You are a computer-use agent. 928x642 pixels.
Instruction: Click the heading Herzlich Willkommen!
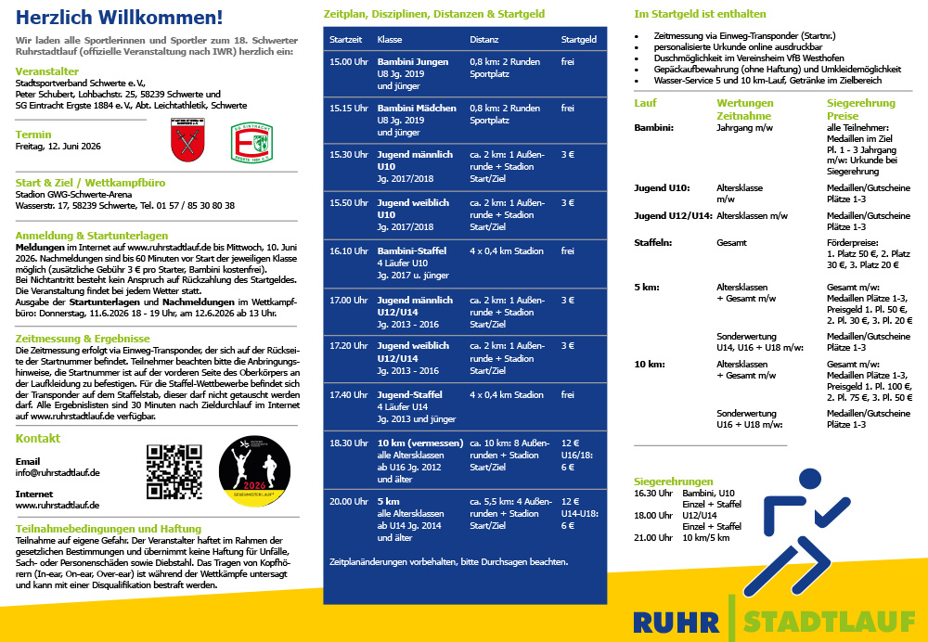tap(119, 17)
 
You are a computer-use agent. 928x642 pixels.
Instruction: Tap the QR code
tap(174, 472)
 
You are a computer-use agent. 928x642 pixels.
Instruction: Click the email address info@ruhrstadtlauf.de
tap(58, 473)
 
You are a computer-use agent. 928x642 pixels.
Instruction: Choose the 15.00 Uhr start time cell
tap(349, 62)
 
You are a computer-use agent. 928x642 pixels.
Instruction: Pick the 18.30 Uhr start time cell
tap(349, 443)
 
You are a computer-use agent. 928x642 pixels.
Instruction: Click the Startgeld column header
tap(579, 40)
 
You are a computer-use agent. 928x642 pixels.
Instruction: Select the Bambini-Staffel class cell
tap(411, 250)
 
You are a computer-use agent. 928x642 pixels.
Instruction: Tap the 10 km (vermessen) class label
tap(420, 443)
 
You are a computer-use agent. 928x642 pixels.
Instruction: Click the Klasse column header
tap(390, 40)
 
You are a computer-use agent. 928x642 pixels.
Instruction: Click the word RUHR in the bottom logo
tap(677, 621)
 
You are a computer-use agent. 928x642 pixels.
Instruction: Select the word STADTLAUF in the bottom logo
tap(830, 621)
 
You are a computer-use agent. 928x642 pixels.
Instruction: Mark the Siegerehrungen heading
tap(674, 481)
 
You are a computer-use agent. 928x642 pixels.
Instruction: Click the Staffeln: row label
tap(652, 242)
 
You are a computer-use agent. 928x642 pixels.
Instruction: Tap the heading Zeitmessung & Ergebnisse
tap(83, 339)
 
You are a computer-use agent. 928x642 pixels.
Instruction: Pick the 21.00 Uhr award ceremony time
tap(651, 537)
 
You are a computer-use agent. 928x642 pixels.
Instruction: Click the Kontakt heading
tap(38, 438)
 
